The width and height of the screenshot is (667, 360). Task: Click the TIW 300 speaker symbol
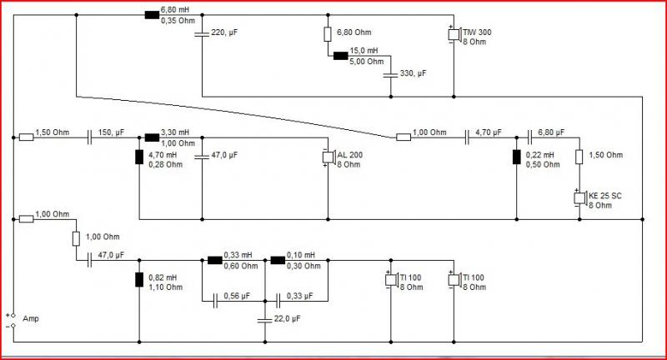(454, 34)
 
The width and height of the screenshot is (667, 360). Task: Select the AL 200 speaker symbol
(328, 157)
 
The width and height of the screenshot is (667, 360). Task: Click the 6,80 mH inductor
(152, 15)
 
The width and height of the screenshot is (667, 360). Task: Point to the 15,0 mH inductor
(340, 56)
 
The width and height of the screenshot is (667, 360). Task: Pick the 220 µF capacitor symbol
(202, 33)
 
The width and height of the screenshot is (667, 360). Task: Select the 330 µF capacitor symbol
(390, 75)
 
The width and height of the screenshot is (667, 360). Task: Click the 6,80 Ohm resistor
(328, 34)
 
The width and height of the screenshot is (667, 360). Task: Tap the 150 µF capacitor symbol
(89, 137)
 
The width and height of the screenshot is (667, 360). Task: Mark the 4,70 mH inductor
(139, 157)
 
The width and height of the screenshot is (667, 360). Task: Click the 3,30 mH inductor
(152, 137)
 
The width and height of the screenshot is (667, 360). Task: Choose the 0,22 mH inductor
(516, 157)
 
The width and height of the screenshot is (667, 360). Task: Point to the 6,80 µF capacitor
(529, 137)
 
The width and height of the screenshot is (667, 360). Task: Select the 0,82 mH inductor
(139, 280)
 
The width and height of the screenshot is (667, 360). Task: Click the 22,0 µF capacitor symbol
(265, 320)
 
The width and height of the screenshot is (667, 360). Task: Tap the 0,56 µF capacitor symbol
(216, 301)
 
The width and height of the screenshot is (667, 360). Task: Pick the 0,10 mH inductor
(278, 260)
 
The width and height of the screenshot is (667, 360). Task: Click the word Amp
(31, 318)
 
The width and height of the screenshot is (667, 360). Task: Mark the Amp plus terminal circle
(13, 315)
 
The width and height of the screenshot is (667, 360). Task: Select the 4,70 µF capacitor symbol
(467, 137)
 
